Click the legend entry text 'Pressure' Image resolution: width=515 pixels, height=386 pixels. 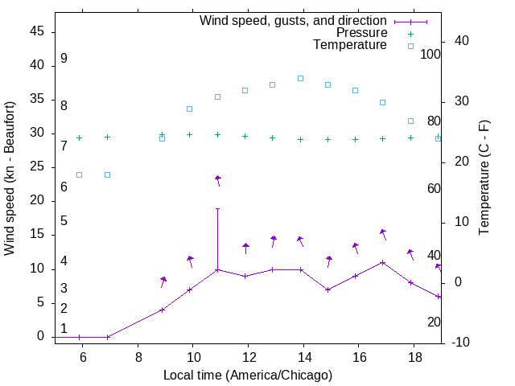[360, 33]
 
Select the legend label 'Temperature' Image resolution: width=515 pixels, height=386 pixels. [350, 45]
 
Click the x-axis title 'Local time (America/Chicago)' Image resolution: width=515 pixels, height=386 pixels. [248, 375]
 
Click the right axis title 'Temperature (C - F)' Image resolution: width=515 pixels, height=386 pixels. [484, 179]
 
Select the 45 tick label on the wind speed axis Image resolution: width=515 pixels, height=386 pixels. [37, 31]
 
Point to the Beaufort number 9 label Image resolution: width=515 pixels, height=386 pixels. [64, 59]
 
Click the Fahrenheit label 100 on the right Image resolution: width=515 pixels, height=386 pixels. [431, 54]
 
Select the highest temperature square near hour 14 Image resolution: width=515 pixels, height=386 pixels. [300, 78]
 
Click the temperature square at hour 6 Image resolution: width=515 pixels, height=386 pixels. [80, 175]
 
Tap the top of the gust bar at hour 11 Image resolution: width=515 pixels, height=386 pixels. [217, 208]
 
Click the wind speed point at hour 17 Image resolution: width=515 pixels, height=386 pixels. [383, 262]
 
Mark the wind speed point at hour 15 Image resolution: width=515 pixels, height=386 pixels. [328, 289]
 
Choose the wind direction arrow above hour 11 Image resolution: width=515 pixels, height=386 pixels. [217, 180]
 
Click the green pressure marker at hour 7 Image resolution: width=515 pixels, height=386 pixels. [107, 137]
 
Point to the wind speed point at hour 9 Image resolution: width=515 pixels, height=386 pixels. [163, 310]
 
